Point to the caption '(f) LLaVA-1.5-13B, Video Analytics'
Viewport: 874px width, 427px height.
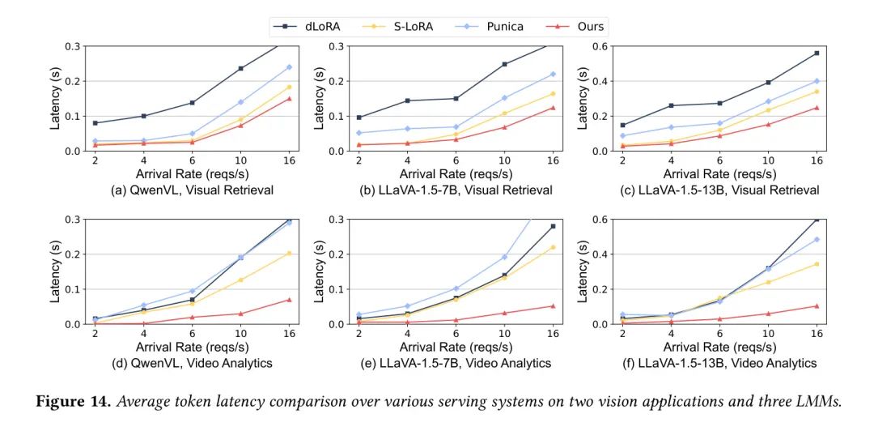pyautogui.click(x=700, y=363)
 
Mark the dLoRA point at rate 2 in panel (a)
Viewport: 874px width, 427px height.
pyautogui.click(x=95, y=123)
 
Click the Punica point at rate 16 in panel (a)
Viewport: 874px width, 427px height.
pyautogui.click(x=289, y=67)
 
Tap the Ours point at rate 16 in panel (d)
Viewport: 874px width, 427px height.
pyautogui.click(x=289, y=300)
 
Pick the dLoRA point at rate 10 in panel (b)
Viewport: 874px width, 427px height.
pyautogui.click(x=504, y=64)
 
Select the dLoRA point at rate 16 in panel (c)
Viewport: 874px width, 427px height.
pyautogui.click(x=817, y=53)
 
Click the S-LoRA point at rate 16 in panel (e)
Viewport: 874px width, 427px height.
pyautogui.click(x=553, y=247)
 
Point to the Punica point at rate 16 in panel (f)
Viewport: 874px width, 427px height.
pyautogui.click(x=817, y=239)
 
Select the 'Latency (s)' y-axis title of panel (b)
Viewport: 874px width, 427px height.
pyautogui.click(x=318, y=98)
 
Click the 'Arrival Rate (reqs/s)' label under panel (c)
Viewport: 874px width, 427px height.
pyautogui.click(x=719, y=174)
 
